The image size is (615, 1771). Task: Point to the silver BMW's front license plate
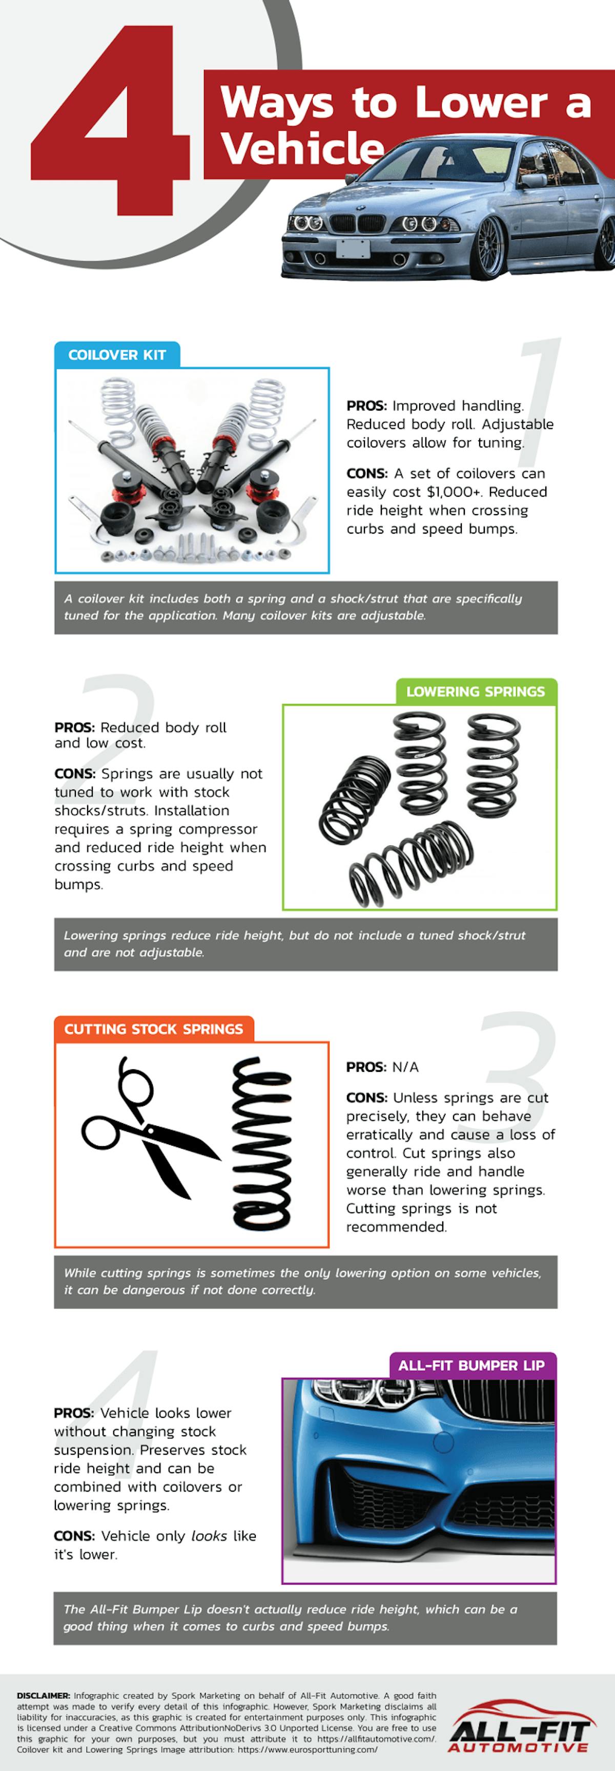point(353,248)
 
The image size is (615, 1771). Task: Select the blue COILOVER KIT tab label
point(117,355)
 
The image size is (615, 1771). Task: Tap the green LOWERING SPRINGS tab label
point(476,691)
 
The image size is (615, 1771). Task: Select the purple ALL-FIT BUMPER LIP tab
point(471,1366)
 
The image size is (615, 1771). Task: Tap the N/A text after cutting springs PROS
point(405,1067)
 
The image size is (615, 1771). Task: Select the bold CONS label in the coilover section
point(367,474)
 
